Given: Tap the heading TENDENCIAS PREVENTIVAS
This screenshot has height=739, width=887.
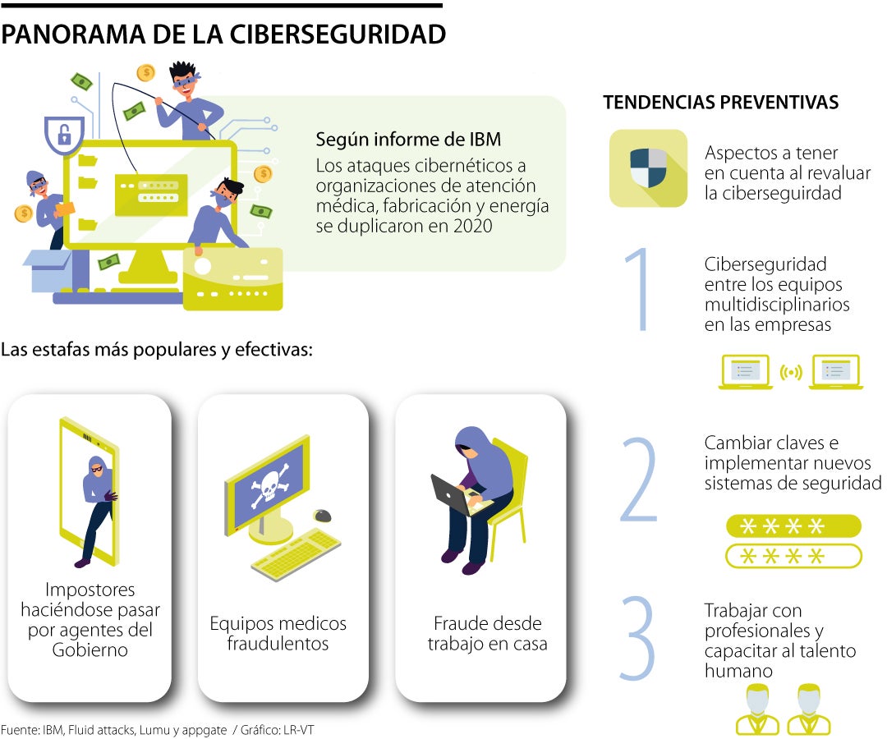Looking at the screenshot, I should (720, 102).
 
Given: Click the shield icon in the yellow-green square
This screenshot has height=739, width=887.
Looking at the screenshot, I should (648, 168).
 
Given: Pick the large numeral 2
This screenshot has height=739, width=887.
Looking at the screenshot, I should (639, 480).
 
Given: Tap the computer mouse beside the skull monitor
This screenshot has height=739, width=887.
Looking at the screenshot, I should (322, 516).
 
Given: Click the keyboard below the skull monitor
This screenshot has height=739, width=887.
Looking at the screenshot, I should (296, 554).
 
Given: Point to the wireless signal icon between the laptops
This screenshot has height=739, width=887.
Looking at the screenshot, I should (791, 373).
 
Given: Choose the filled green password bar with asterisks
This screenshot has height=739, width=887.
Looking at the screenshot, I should (793, 526).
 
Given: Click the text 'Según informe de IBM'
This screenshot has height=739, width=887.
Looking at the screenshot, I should (408, 140).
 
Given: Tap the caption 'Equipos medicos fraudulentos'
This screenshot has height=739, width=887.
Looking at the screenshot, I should (278, 633).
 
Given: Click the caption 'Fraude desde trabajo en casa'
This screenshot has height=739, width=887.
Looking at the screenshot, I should (487, 633).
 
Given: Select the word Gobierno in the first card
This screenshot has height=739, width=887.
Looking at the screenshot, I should (90, 650).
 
